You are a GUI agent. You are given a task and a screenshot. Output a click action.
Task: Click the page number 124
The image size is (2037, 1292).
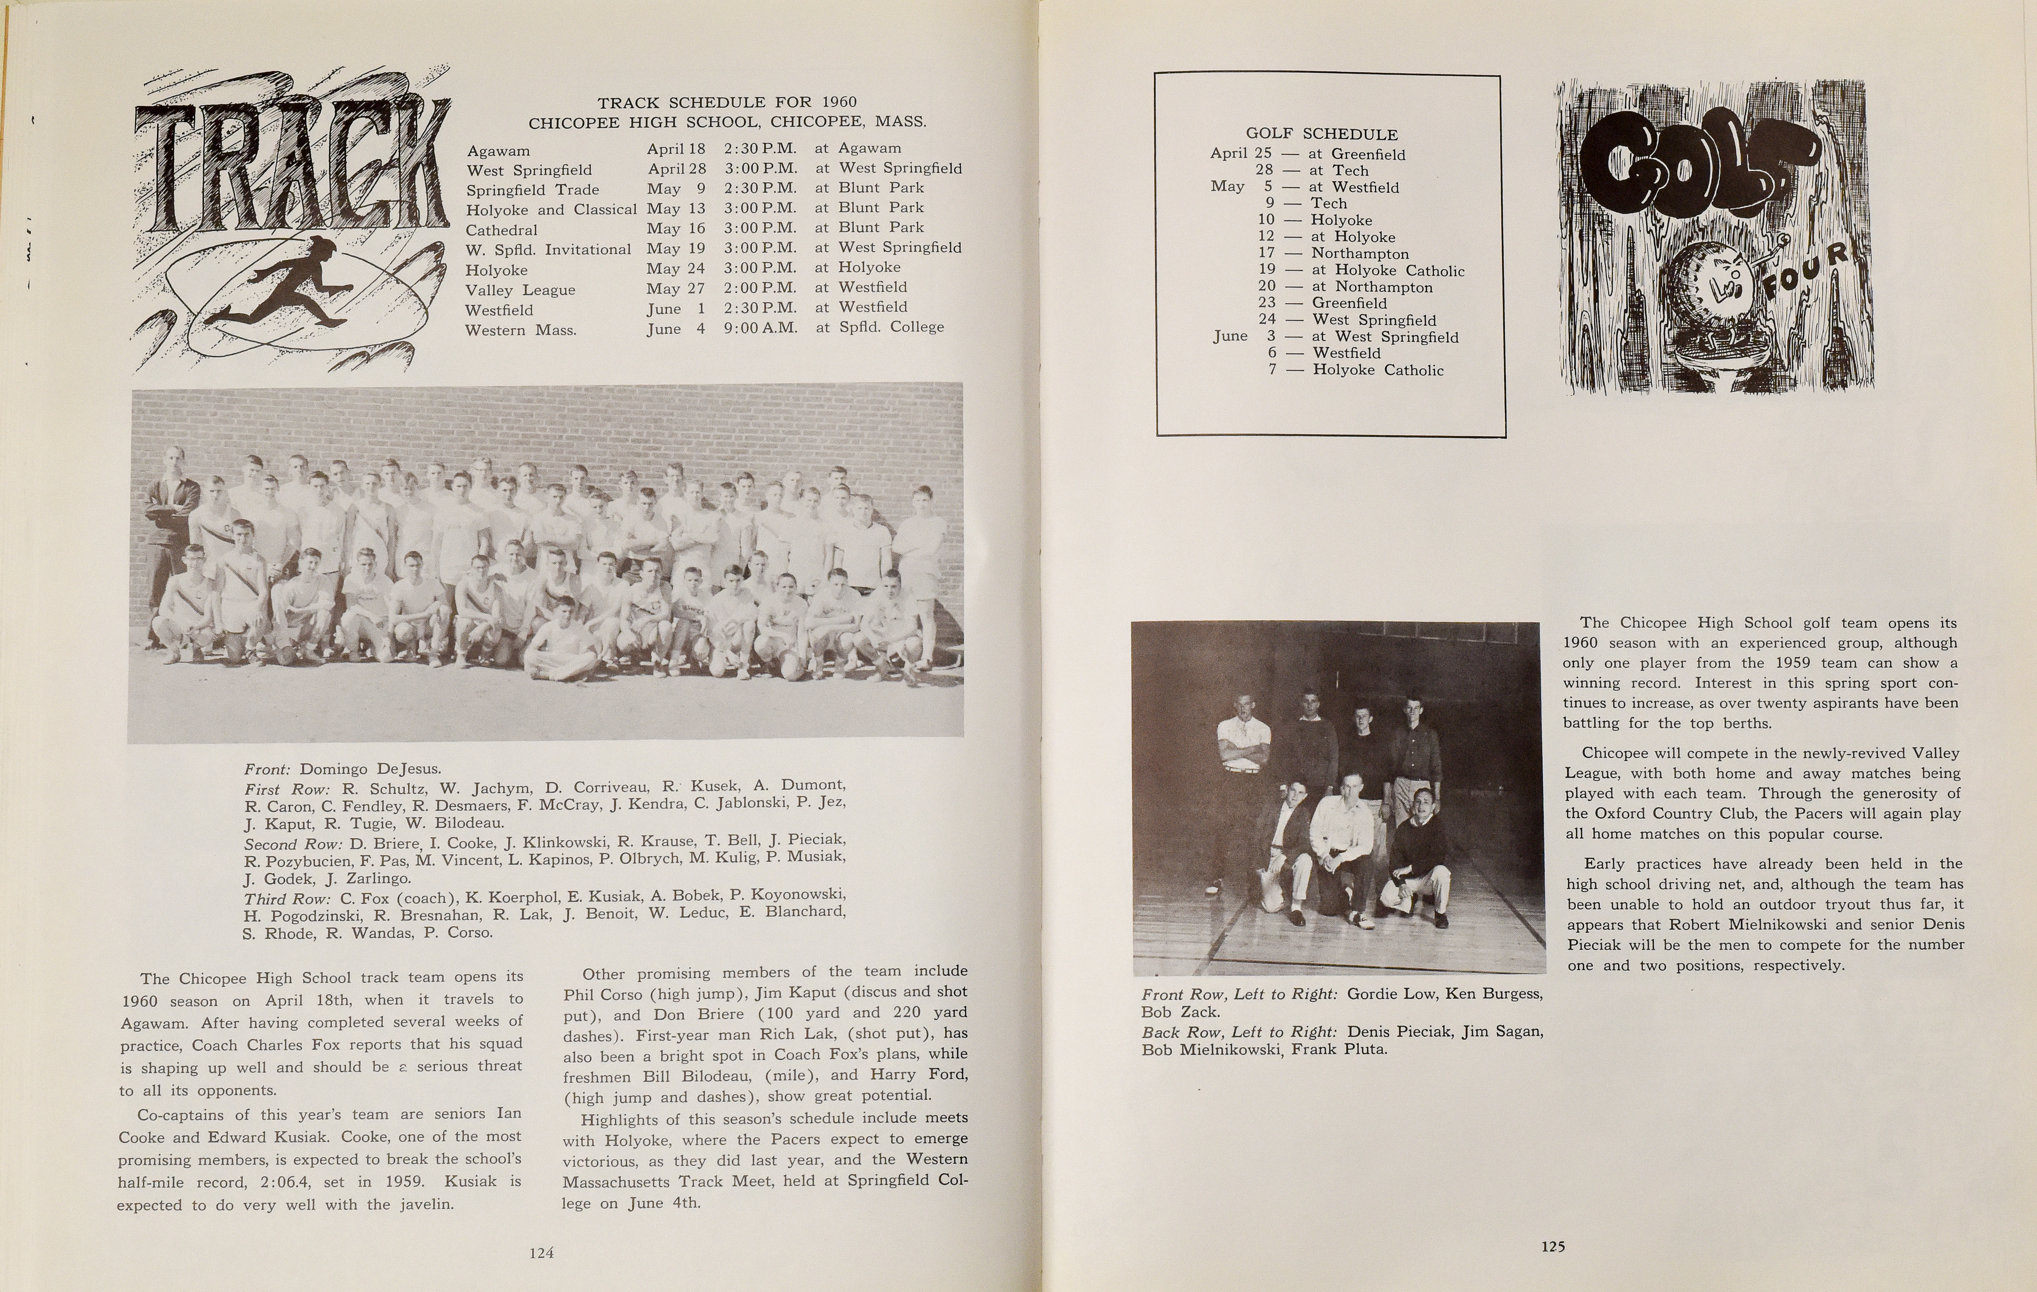tap(540, 1253)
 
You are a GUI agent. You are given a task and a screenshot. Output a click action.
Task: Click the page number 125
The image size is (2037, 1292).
tap(1552, 1246)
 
